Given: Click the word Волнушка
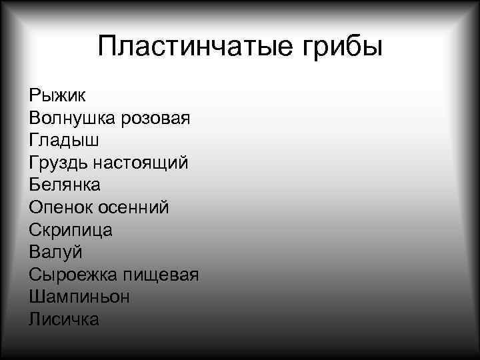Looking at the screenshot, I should [x=72, y=118].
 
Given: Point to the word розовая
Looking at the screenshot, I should [x=156, y=118].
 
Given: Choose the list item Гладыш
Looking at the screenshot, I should [x=64, y=141].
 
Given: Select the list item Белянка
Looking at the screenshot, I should [x=65, y=185].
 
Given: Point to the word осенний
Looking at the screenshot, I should [x=134, y=207].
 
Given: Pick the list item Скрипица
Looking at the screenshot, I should [x=71, y=230].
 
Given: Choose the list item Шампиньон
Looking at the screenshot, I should [x=79, y=297].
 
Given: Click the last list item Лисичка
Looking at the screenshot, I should [x=64, y=319].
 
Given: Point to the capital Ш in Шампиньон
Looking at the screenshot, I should [x=37, y=297].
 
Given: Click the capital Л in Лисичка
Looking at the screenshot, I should [x=35, y=319].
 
